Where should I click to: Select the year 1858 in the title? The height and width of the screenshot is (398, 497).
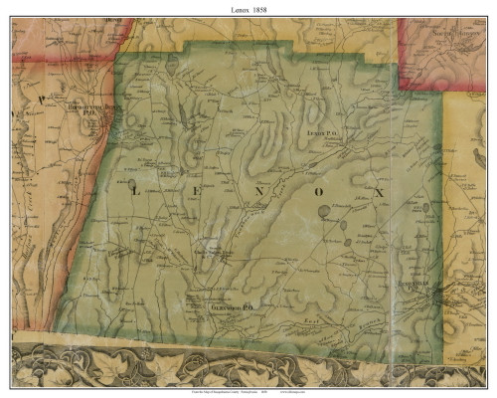260,8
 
